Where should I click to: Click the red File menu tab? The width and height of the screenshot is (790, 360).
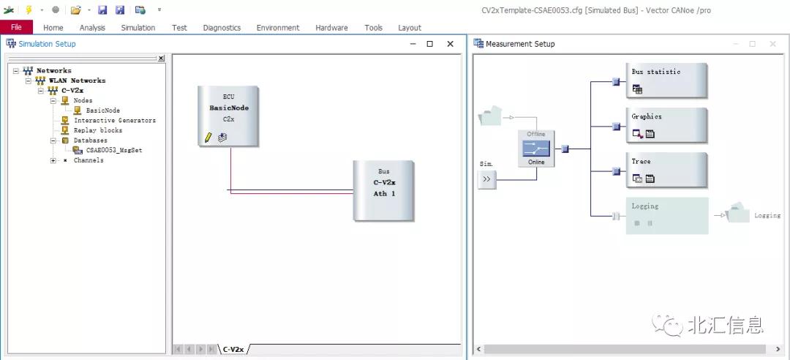click(17, 27)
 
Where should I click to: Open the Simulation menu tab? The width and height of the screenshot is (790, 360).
click(138, 28)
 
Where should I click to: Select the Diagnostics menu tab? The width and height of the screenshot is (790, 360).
click(222, 28)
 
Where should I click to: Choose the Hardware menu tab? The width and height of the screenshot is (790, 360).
click(331, 28)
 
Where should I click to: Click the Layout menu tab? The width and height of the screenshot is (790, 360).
click(410, 28)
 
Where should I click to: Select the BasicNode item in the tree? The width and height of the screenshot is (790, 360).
click(103, 110)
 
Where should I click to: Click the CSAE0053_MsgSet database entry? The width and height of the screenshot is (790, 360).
click(114, 150)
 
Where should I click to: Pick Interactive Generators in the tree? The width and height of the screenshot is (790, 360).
click(115, 121)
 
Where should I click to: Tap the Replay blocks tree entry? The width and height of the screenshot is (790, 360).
click(98, 130)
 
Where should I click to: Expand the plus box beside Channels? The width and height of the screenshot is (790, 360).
click(53, 160)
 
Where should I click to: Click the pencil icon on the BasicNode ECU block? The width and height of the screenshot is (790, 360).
click(208, 137)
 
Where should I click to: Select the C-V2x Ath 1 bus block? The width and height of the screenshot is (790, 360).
click(383, 190)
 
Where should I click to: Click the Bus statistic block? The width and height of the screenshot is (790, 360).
click(666, 80)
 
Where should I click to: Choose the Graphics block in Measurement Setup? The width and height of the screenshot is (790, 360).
click(666, 126)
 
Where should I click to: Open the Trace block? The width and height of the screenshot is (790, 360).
click(666, 170)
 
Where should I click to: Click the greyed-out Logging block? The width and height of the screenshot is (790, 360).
click(666, 215)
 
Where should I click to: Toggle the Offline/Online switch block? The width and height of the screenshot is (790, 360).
click(536, 149)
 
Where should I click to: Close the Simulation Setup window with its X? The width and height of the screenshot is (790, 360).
click(451, 44)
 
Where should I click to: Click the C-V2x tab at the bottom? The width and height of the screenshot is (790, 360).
click(233, 349)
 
